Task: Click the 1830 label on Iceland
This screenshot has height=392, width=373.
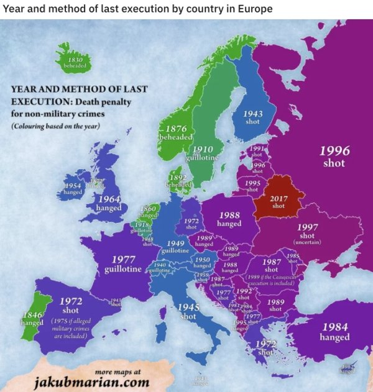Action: coord(73,58)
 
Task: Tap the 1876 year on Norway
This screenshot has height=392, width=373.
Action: coord(177,128)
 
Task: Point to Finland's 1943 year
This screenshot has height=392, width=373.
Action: coord(252,114)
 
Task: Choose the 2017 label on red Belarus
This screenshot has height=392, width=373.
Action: coord(279,199)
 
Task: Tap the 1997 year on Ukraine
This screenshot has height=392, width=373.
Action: coord(307,227)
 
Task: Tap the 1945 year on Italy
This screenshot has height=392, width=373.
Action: coord(188,307)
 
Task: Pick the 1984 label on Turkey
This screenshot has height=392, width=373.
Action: coord(334,327)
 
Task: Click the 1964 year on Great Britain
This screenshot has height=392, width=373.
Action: coord(109,199)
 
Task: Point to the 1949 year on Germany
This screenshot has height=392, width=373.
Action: coord(176,243)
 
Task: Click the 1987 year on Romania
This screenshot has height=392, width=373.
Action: coord(272,262)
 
